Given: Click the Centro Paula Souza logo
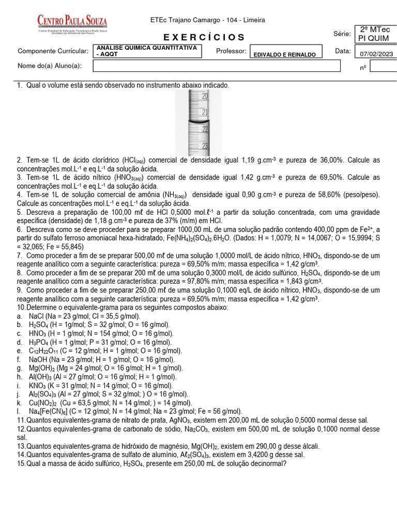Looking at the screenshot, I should (72, 23).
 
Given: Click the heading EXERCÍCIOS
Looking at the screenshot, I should (204, 37).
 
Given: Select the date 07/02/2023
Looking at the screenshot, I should (375, 54).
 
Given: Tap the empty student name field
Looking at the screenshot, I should (217, 66).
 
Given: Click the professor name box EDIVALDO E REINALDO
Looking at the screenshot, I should (285, 54).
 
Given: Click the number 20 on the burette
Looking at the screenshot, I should (205, 96).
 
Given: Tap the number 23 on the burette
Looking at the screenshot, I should (205, 146).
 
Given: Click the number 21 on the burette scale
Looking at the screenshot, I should (205, 112).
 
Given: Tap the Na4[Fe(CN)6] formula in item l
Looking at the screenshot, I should (49, 411).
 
